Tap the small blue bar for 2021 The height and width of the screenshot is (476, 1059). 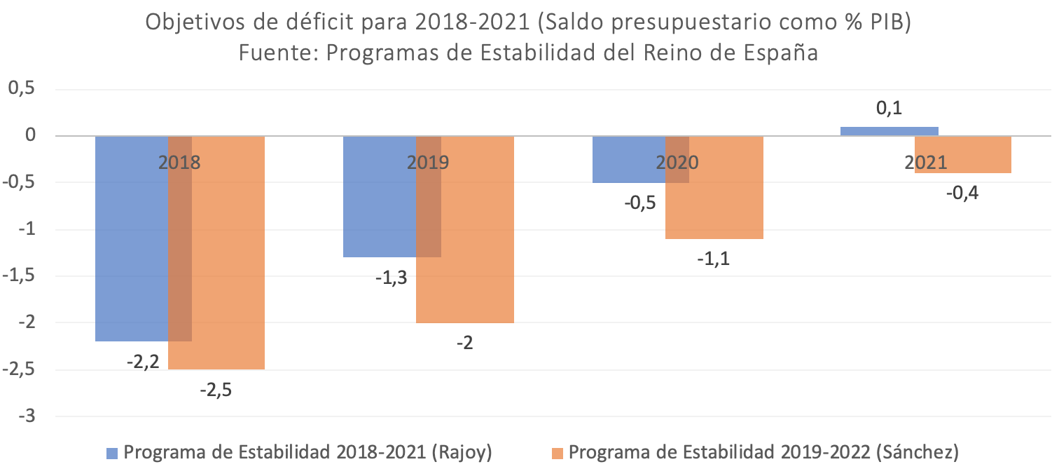tap(889, 131)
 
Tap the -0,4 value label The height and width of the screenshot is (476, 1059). tap(962, 193)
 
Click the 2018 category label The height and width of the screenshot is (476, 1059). tap(179, 163)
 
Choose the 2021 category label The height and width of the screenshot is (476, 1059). tap(925, 163)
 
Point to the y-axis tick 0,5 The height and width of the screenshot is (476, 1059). tap(22, 89)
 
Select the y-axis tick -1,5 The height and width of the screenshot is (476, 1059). tap(19, 276)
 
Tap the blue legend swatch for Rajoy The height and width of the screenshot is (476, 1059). tap(112, 453)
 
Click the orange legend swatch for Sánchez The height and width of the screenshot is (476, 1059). tap(558, 453)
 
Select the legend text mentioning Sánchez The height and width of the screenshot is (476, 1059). tap(763, 452)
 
